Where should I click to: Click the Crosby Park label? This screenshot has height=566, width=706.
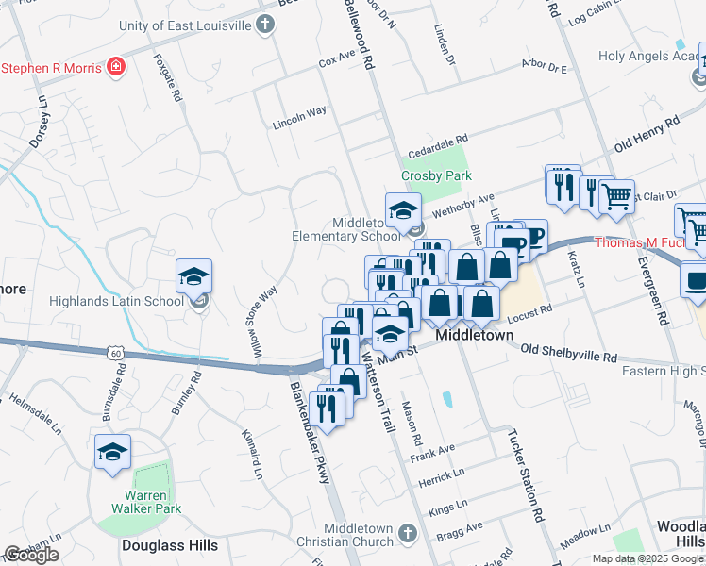(436, 175)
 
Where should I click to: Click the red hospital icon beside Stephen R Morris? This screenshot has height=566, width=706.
(116, 67)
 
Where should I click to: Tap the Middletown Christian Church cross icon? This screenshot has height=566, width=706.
(407, 534)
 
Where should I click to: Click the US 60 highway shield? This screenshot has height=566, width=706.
(113, 352)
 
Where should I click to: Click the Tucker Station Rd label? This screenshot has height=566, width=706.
(527, 477)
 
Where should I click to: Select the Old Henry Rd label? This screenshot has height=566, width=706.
(647, 134)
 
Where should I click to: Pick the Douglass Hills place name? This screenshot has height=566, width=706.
(170, 545)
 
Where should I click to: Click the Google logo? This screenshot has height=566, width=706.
(31, 555)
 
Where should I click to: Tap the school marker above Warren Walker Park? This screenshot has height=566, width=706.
(112, 452)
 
